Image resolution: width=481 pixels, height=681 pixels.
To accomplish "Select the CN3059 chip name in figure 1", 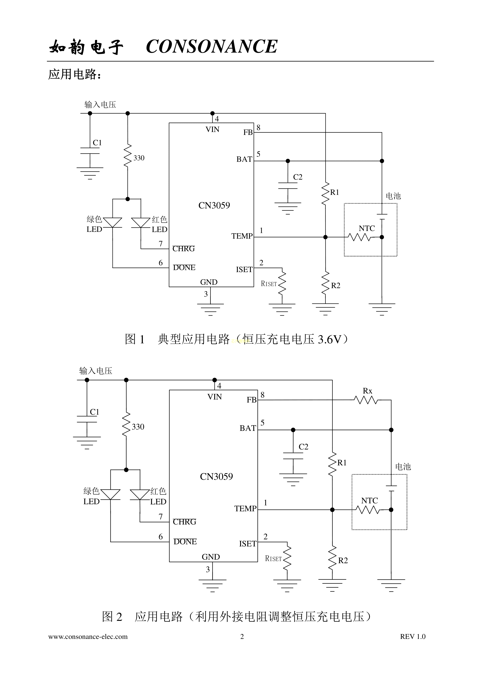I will [214, 205].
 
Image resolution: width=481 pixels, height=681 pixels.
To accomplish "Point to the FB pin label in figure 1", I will [248, 132].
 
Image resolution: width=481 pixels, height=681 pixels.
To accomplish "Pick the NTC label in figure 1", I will [367, 228].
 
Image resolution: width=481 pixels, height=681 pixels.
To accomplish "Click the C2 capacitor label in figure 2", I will [303, 447].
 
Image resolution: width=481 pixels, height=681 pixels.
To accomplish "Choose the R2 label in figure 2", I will [343, 561].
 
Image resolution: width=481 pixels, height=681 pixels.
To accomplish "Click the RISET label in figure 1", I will [269, 284].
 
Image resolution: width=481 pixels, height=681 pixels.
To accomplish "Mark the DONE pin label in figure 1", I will [184, 268].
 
